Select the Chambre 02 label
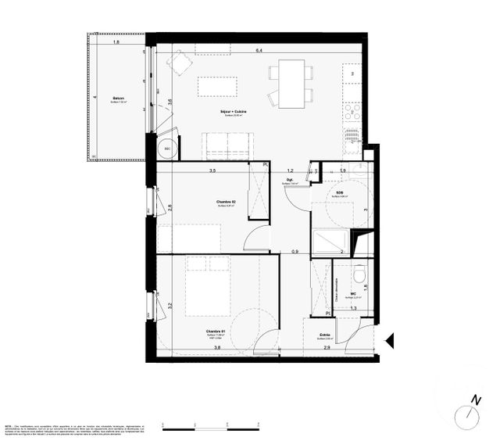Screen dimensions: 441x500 [x=226, y=202]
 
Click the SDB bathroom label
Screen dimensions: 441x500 [x=341, y=192]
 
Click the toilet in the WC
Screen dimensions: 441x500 [x=359, y=274]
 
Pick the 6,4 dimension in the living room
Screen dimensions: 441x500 [x=259, y=52]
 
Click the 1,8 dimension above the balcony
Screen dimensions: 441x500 [x=116, y=41]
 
